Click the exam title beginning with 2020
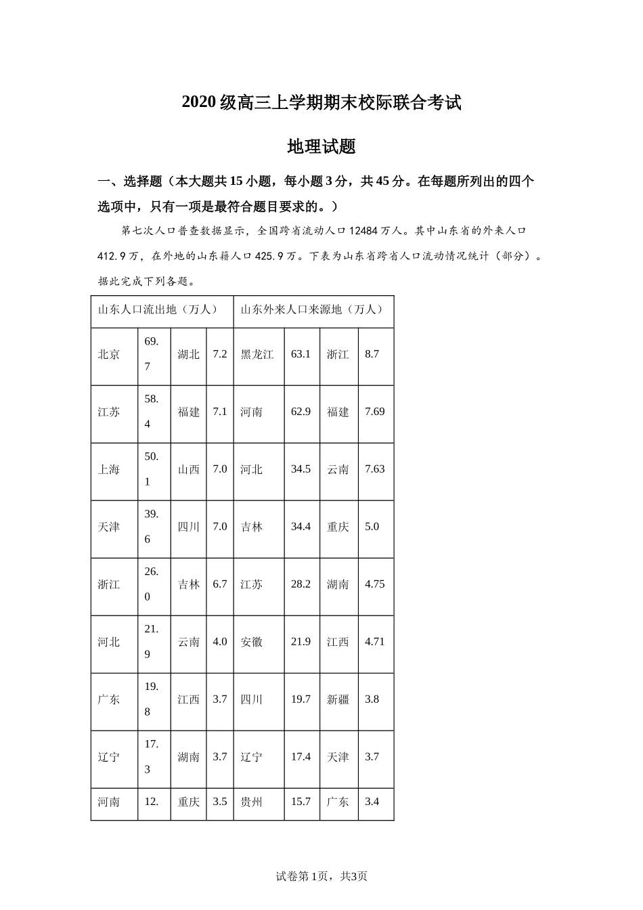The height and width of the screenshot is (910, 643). point(321,103)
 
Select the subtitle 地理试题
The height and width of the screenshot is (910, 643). point(321,146)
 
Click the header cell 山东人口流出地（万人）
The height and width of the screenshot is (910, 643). point(158,309)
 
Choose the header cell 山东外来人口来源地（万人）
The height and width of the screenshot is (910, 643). point(312,309)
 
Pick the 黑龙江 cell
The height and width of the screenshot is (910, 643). point(257,354)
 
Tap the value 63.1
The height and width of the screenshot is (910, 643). point(301,354)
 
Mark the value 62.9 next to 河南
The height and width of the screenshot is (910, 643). point(301,412)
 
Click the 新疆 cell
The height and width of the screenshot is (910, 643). point(338,699)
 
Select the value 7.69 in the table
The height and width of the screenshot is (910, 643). point(374,412)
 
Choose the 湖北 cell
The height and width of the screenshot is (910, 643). point(188,354)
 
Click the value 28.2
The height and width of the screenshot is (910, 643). point(301,584)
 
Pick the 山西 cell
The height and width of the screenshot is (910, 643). point(188,469)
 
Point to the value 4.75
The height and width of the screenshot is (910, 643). point(374,584)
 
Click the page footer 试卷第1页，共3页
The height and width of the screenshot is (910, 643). point(321,876)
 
